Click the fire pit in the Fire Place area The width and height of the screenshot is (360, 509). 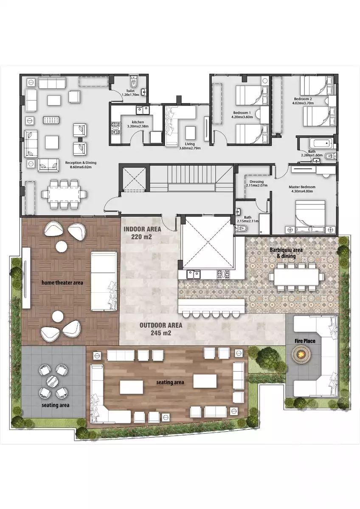tap(303, 353)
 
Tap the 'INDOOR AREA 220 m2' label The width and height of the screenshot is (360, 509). tap(142, 233)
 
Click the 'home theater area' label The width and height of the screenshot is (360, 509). tap(62, 282)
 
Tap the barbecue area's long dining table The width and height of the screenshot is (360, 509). tap(296, 277)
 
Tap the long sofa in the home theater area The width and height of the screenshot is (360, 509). tap(104, 281)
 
